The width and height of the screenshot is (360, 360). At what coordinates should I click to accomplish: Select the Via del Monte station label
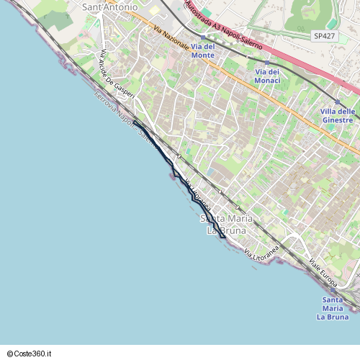pyautogui.click(x=203, y=50)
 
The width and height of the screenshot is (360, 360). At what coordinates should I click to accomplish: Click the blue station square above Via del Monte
pyautogui.click(x=203, y=37)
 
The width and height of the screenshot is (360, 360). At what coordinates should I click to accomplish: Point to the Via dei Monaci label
pyautogui.click(x=267, y=77)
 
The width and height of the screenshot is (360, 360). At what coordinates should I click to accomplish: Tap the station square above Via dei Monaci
pyautogui.click(x=267, y=63)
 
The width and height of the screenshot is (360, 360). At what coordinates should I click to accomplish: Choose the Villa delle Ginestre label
pyautogui.click(x=338, y=115)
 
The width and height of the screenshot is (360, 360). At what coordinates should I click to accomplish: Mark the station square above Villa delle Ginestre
pyautogui.click(x=338, y=102)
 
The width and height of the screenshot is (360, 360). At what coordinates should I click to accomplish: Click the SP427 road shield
pyautogui.click(x=324, y=35)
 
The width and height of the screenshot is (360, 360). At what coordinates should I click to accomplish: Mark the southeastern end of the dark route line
pyautogui.click(x=225, y=237)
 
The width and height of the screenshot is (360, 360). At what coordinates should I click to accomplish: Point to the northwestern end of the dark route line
pyautogui.click(x=134, y=123)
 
